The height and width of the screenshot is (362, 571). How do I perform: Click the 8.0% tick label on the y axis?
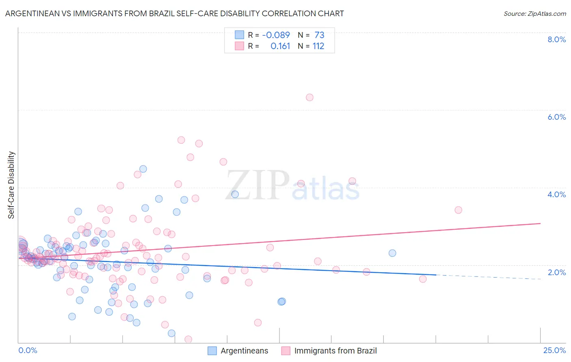coord(556,39)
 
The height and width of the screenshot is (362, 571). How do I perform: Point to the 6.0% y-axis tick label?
coord(556,117)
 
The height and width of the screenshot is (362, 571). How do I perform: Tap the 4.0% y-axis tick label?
coord(556,194)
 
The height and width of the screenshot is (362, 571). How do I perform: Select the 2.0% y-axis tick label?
coord(556,272)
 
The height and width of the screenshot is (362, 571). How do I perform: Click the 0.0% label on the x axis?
coord(28,350)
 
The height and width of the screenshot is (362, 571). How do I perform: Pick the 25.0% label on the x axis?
coord(554,350)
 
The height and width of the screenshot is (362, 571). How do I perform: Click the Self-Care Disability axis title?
coord(11,185)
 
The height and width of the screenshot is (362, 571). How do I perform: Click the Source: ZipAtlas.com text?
coord(534,13)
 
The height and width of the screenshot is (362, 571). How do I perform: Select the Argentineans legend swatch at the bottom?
coord(212,351)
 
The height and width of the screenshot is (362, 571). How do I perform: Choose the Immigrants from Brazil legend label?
coord(335,351)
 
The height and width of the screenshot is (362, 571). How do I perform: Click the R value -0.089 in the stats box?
coord(276,35)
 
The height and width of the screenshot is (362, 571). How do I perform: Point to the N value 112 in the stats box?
coord(318,46)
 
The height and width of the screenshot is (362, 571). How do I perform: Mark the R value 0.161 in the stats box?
coord(280,46)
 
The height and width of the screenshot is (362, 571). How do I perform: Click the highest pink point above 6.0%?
coord(309,97)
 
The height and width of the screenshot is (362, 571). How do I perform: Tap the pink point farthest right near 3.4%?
coord(458,210)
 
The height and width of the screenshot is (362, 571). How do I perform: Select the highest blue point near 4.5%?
coord(143,169)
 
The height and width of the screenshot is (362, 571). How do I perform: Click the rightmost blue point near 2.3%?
coord(392,253)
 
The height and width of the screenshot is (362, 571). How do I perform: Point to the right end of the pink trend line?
coord(540,223)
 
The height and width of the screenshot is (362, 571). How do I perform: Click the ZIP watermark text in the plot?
coord(257,185)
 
